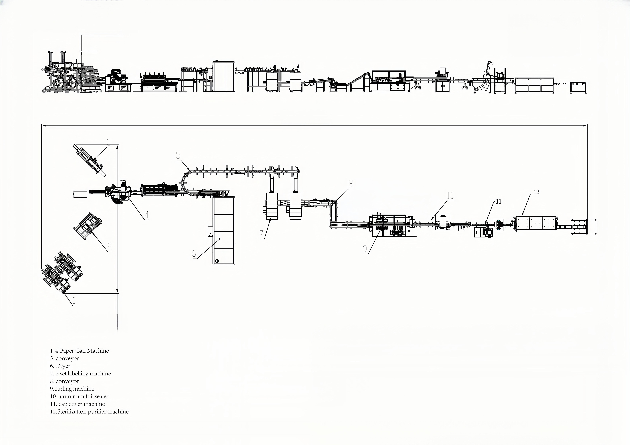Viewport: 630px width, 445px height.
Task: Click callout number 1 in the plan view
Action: (x=74, y=301)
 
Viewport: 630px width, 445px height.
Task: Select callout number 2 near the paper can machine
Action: (x=109, y=247)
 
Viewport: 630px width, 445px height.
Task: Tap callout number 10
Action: (x=451, y=196)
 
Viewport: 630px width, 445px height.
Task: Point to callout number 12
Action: (x=536, y=192)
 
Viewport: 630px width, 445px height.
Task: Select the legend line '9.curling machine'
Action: (x=72, y=389)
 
